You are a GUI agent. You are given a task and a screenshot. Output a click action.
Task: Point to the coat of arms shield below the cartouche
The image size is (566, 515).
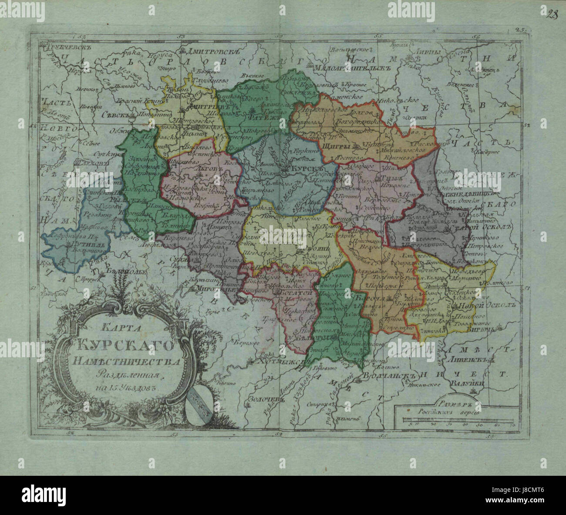(198, 398)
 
